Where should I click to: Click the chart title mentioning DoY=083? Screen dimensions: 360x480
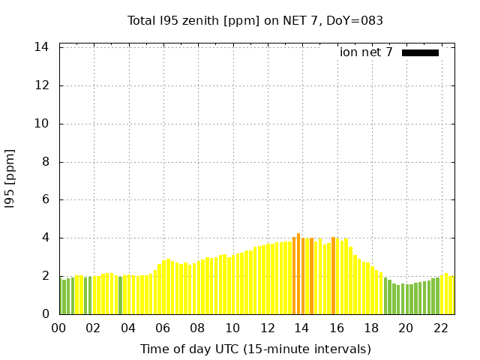[x=255, y=21]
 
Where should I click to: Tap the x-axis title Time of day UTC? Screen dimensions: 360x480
[x=255, y=349]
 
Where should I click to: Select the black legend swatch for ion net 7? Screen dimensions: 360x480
[x=420, y=52]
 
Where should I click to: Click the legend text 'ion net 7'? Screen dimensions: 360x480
[x=366, y=52]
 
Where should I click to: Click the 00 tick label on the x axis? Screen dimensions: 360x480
[x=58, y=328]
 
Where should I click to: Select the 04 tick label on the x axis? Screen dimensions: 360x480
[x=128, y=328]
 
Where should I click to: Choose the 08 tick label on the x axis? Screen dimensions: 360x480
[x=197, y=328]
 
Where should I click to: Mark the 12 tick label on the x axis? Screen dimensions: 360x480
[x=267, y=328]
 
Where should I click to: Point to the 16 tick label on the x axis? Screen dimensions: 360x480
[x=336, y=328]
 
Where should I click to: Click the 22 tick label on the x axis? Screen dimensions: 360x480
[x=440, y=328]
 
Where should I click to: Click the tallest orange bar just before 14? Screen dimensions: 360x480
[x=298, y=274]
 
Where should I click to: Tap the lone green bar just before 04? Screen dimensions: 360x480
[x=120, y=295]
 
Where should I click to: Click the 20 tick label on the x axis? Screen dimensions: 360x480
[x=406, y=328]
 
